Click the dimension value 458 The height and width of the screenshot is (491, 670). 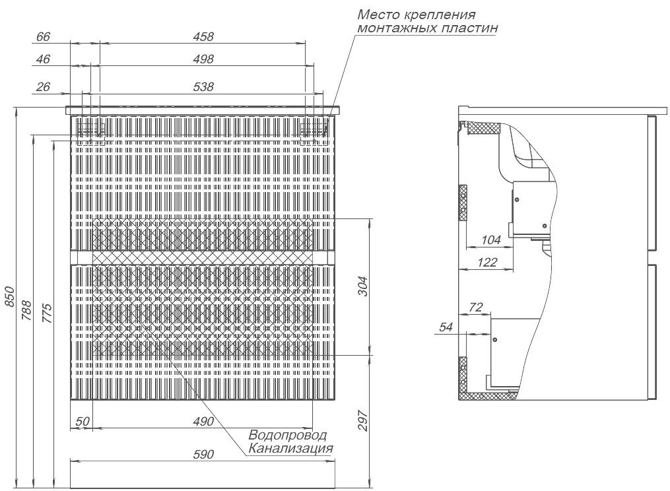tap(203, 37)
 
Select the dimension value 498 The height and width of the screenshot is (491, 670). tap(203, 59)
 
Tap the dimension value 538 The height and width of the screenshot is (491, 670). tap(203, 86)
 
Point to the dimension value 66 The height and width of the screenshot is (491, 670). tap(43, 37)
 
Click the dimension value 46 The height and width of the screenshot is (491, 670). tap(43, 59)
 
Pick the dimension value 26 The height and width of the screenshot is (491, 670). tap(43, 86)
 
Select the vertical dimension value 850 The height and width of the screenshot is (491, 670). tap(9, 297)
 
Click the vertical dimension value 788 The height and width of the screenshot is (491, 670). tap(26, 311)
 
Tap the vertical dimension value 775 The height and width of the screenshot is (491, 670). tap(47, 313)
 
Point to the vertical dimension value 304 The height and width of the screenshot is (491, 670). tap(362, 286)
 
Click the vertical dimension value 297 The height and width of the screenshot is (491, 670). tap(362, 420)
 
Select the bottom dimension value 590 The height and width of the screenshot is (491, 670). tap(203, 454)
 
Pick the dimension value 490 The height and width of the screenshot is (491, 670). tap(203, 421)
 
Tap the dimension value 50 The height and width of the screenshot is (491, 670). tap(83, 421)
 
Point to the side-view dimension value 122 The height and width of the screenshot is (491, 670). tap(488, 262)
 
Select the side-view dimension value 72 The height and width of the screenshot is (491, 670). tap(475, 307)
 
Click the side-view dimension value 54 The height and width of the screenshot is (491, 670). tap(446, 327)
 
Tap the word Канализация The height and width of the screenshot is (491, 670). tap(290, 448)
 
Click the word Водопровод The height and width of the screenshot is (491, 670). tap(288, 435)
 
